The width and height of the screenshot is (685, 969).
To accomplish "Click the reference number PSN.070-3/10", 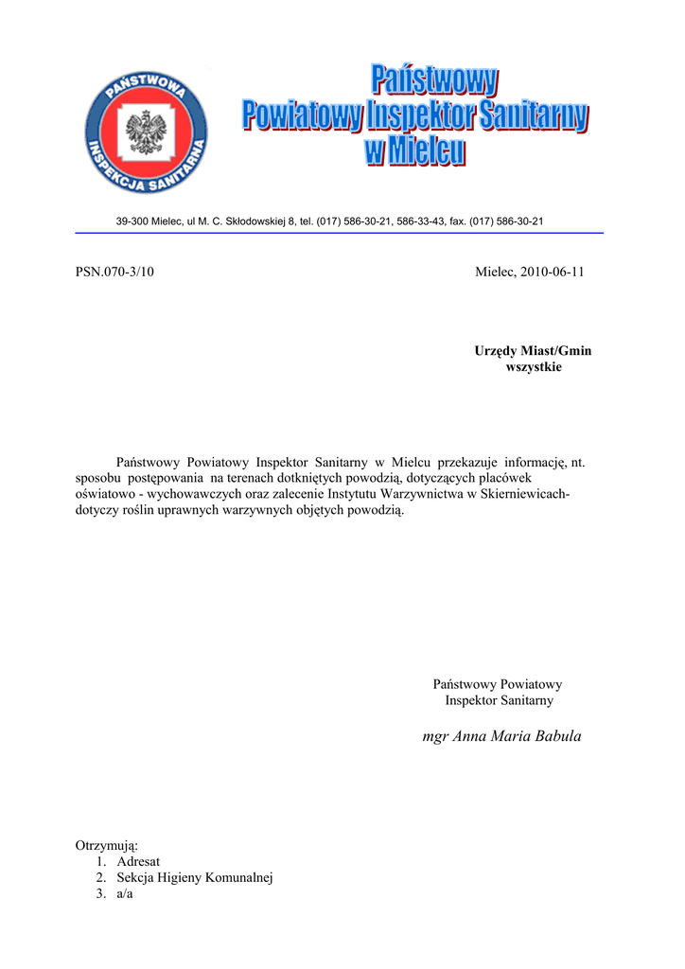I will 114,273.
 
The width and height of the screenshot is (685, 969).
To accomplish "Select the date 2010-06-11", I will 551,273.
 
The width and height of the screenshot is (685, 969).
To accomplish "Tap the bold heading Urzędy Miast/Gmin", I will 533,351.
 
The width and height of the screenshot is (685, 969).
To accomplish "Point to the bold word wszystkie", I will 535,366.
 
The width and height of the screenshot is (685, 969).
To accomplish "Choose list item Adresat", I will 138,861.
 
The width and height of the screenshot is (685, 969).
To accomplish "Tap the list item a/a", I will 126,895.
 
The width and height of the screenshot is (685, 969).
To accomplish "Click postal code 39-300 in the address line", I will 132,221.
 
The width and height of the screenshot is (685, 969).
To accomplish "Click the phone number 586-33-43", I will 420,221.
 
